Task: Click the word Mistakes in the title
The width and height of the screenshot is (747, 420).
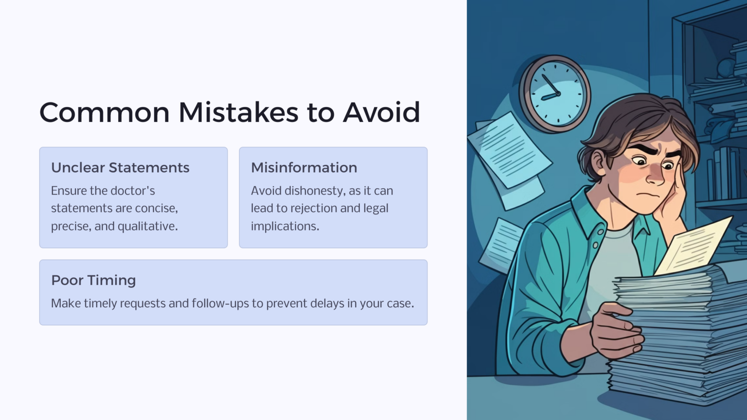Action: tap(238, 112)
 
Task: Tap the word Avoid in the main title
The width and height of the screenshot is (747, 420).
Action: tap(381, 112)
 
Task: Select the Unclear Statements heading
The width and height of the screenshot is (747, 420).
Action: tap(120, 168)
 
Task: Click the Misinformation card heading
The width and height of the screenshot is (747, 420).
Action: tap(304, 168)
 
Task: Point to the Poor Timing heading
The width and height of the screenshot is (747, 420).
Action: tap(93, 280)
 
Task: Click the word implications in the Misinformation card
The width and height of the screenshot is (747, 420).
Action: tap(285, 227)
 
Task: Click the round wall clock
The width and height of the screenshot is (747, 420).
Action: tap(555, 93)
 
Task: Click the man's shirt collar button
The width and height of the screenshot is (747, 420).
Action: tap(595, 245)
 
